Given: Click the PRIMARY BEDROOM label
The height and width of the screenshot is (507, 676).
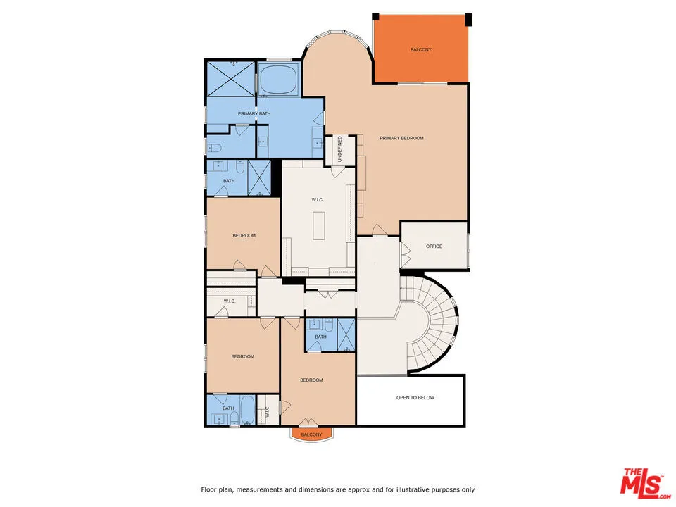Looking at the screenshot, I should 401,138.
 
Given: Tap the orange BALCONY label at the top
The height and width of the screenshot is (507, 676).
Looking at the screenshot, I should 420,50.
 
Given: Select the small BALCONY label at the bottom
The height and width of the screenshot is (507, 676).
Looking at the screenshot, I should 311,434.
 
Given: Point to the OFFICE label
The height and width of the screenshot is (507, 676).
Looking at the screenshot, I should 434,246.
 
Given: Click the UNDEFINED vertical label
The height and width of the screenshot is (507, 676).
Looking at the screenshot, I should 339,150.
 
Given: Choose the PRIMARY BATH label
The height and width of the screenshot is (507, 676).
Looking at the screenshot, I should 254,113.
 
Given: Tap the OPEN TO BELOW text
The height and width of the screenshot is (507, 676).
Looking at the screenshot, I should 415,398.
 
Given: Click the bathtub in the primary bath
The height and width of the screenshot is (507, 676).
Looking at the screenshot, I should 278,79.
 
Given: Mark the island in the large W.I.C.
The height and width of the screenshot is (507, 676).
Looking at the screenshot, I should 318,225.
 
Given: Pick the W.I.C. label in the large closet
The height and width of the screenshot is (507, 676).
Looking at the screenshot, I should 317,200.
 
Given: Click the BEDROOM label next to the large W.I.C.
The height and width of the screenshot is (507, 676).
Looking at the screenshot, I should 244,235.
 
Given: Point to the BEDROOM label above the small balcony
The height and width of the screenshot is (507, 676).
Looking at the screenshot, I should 311,380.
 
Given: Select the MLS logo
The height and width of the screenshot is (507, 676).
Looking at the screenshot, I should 641,482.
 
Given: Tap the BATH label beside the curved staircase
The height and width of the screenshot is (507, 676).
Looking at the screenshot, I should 320,337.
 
